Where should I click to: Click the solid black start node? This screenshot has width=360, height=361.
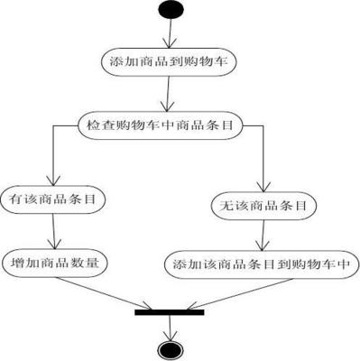(169, 10)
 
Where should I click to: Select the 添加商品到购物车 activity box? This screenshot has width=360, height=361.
(170, 62)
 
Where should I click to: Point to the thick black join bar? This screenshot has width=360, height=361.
(169, 312)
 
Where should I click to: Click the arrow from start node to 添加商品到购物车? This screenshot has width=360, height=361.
(169, 33)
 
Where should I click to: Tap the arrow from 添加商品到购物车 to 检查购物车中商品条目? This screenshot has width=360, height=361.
(169, 93)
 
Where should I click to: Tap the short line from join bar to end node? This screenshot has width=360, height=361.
(169, 327)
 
